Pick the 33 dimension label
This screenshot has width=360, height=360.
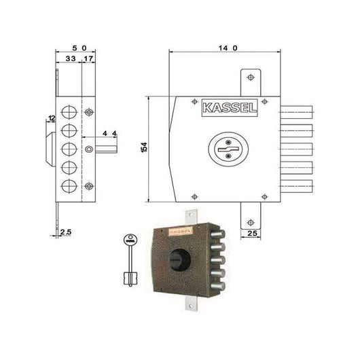coord(69,60)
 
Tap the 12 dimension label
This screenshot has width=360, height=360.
coord(51,120)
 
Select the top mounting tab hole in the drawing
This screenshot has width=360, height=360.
coord(251,78)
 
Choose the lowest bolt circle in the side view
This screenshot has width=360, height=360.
coord(69,185)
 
